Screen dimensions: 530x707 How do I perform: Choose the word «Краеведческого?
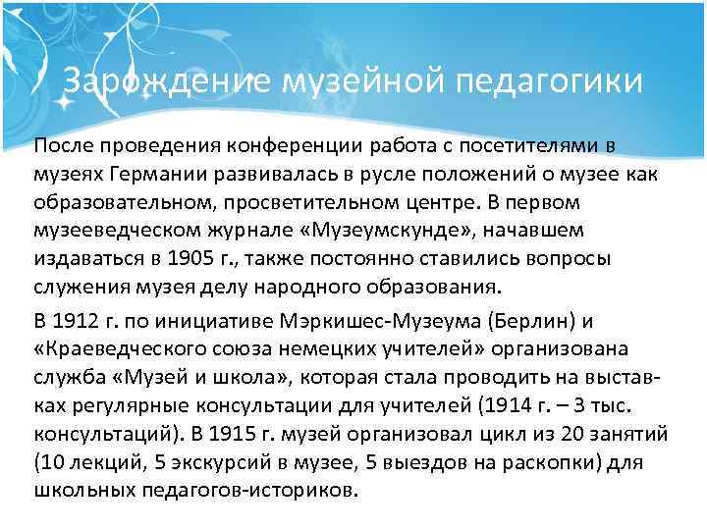point(132,350)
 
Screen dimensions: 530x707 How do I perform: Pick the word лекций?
point(97,461)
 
